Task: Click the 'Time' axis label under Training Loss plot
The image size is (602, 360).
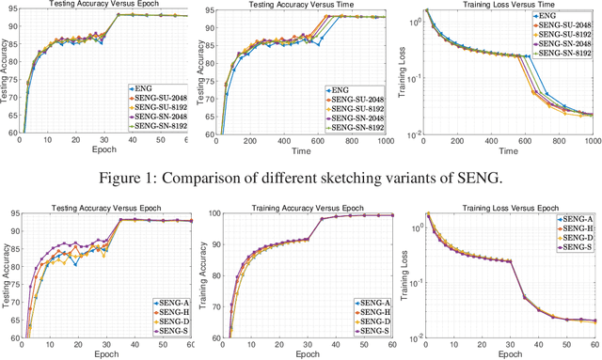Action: point(508,150)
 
